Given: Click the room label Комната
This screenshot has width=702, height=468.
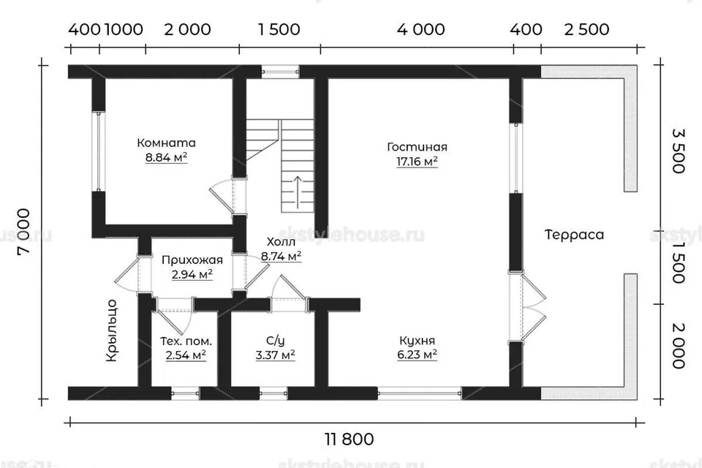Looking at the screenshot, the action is click(166, 143).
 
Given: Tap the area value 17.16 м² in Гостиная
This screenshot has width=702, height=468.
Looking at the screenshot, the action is click(417, 161).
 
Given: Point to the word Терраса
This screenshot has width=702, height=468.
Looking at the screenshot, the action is click(575, 235).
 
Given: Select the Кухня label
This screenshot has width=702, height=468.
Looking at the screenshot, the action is click(417, 341).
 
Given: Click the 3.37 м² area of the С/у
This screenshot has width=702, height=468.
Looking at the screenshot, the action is click(276, 355).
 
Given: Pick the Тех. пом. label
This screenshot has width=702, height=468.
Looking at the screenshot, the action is click(186, 341).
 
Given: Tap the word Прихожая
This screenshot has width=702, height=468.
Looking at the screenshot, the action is click(192, 260).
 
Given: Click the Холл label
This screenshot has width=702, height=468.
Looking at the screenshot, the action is click(281, 242).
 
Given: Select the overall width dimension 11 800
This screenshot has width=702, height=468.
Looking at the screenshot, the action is click(350, 439).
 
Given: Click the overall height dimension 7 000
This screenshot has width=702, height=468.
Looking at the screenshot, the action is click(23, 232).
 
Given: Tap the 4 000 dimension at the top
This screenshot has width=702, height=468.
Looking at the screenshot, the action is click(421, 29).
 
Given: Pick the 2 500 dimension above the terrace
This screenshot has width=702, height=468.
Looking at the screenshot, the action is click(586, 29).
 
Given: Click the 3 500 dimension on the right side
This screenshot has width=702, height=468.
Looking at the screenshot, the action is click(679, 151).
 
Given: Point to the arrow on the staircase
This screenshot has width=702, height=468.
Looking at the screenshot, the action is click(297, 192).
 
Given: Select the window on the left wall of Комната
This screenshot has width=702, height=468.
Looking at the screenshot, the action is click(98, 151).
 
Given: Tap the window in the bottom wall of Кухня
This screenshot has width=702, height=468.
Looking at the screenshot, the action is click(420, 393).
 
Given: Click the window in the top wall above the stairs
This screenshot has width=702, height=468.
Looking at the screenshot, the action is click(280, 71).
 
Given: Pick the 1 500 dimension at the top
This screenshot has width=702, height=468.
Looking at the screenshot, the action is click(279, 29).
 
